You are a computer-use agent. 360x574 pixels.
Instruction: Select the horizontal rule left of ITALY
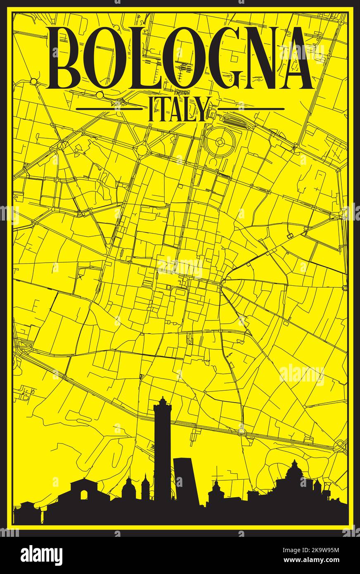[109, 109]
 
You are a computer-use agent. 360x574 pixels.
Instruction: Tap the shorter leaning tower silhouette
[186, 479]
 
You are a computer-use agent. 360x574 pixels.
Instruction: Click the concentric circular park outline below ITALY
[220, 142]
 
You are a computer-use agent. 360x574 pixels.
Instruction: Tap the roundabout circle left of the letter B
[33, 81]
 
